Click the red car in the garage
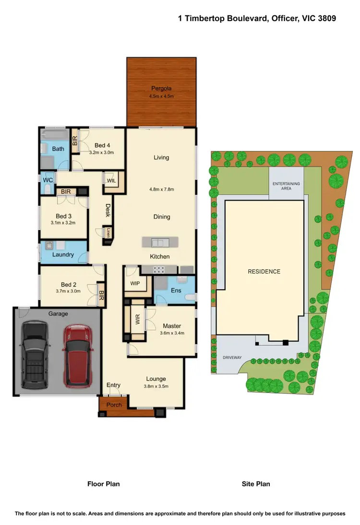coord(78,356)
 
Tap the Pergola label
coord(161,88)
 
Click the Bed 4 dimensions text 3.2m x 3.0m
coord(101,153)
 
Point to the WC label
coord(48,180)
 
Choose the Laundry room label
coord(63,254)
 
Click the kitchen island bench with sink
coord(160,241)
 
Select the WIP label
coord(135,283)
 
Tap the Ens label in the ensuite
coord(175,290)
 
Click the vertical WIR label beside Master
coord(137,320)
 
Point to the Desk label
coord(108,210)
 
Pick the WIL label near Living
coord(110,181)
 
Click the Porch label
coord(114,405)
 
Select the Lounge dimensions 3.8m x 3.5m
coord(156,386)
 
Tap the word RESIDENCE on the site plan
coord(264,272)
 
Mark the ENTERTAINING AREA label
coord(286,186)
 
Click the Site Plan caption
coord(256,484)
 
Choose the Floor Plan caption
coord(103,484)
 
